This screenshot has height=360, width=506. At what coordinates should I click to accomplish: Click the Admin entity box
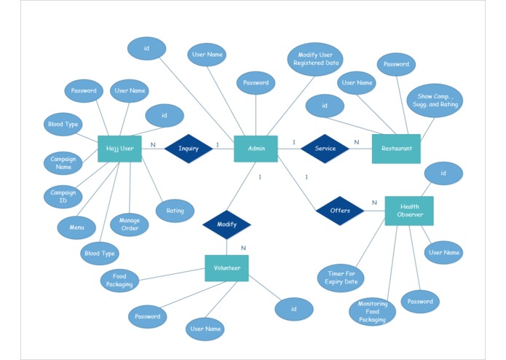tap(256, 149)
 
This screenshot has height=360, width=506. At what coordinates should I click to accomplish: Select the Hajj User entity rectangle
tap(119, 149)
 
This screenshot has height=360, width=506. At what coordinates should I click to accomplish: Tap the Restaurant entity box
tap(396, 149)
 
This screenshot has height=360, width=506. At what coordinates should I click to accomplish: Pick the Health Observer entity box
tap(409, 211)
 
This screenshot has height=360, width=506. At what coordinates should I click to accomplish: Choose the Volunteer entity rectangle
tap(226, 268)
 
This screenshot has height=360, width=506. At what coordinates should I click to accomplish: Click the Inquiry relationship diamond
tap(189, 149)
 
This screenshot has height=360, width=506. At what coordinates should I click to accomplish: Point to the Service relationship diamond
tap(325, 149)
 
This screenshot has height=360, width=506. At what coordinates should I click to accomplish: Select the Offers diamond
tap(340, 211)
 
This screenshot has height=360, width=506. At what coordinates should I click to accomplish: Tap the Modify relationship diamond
tap(226, 224)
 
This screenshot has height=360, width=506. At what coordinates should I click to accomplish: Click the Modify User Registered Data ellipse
tap(315, 59)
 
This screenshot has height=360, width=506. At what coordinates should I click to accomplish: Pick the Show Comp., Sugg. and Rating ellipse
tap(435, 101)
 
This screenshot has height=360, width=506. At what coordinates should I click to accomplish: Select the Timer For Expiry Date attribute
tap(341, 278)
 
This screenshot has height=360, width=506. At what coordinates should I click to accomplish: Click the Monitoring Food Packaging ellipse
tap(372, 312)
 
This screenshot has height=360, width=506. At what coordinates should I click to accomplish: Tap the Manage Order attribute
tap(129, 224)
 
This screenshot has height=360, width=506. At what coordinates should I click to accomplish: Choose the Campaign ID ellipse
tap(63, 196)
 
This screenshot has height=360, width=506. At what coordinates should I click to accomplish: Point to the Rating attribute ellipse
tap(175, 211)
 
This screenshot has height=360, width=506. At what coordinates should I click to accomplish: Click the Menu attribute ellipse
tap(76, 227)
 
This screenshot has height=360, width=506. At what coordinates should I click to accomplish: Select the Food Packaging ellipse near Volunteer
tap(119, 281)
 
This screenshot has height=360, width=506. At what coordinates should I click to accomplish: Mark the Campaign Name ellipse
tap(63, 163)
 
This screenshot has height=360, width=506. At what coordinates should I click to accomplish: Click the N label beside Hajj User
tap(153, 144)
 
